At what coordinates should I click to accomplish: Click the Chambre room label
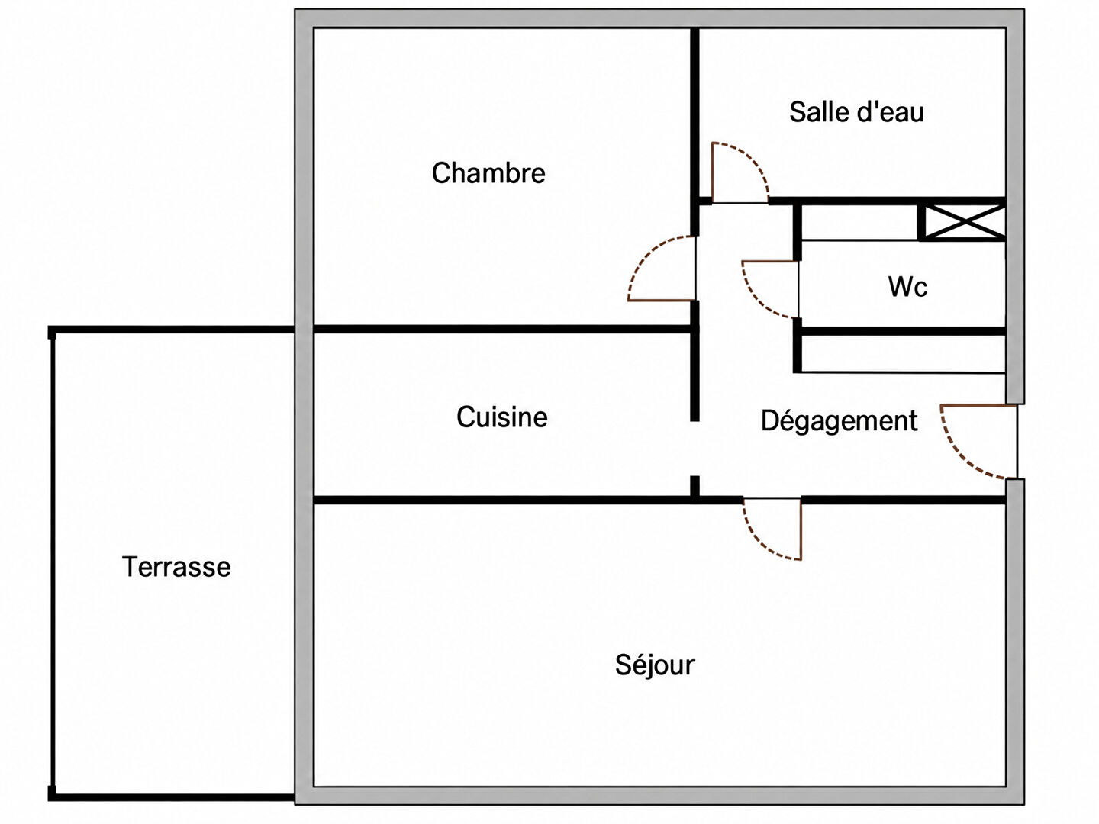[488, 173]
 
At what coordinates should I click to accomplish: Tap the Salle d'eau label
[856, 111]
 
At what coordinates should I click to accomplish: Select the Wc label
[907, 287]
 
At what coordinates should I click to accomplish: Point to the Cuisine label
[501, 417]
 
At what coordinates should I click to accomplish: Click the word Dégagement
[840, 420]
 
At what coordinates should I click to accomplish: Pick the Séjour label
[655, 665]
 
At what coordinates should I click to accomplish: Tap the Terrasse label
[176, 567]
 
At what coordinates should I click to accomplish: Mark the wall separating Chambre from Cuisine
[501, 329]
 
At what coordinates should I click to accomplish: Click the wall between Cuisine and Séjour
[501, 500]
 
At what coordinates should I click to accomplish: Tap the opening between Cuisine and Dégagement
[695, 449]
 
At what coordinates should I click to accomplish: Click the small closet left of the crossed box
[859, 222]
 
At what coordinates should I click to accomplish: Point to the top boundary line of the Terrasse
[171, 330]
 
